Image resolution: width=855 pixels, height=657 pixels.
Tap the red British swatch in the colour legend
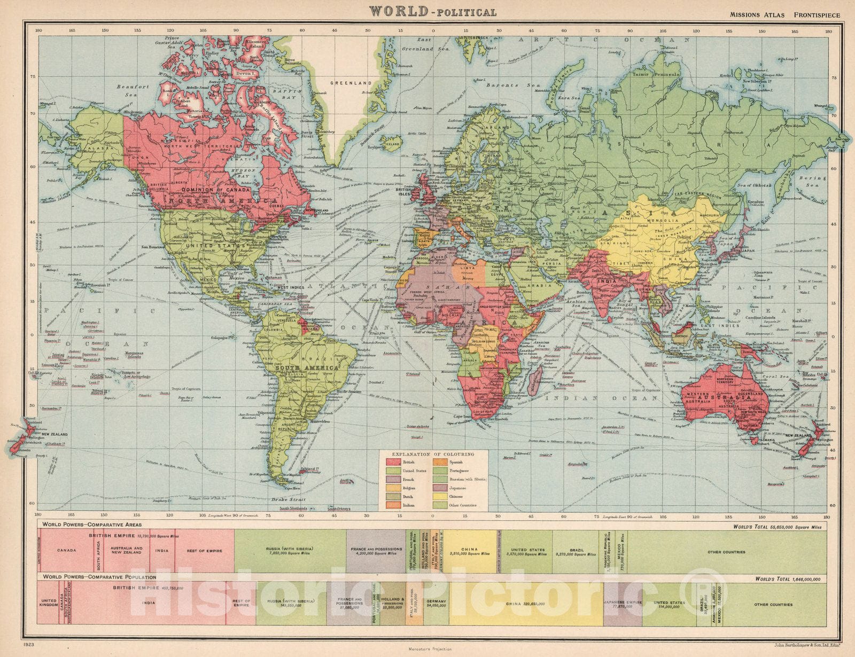[394, 463]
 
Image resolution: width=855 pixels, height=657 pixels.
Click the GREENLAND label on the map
[351, 83]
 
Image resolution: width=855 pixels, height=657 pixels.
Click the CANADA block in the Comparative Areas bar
[67, 551]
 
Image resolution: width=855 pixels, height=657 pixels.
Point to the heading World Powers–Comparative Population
[100, 577]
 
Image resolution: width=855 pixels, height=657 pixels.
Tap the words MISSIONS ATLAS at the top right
[757, 15]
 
